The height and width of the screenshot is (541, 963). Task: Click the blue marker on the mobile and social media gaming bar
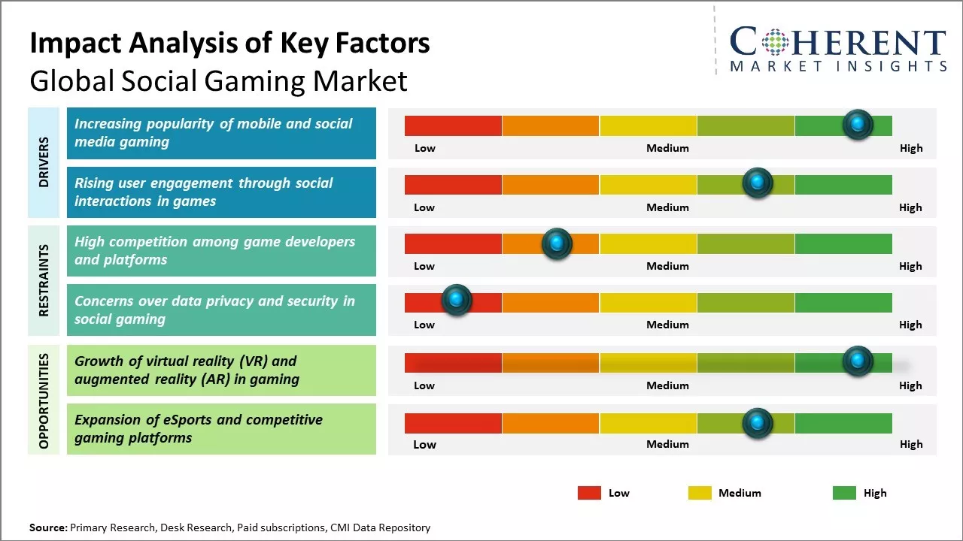pos(858,125)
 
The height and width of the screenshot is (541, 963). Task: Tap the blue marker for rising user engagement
pos(758,183)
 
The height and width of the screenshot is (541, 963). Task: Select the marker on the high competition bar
pos(557,243)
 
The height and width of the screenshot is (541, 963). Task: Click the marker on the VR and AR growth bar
pos(858,361)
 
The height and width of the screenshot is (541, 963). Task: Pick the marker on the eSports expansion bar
pos(758,423)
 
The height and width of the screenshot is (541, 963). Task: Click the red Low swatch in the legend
pos(589,493)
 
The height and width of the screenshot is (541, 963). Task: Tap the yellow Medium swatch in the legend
pos(700,493)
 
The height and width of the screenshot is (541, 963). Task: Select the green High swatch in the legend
pos(844,493)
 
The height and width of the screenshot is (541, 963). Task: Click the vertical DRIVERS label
pos(44,162)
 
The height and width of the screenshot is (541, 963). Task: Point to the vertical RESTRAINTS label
pos(44,280)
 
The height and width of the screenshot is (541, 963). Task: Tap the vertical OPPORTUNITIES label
pos(44,400)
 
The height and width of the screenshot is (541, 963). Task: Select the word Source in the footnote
pos(48,527)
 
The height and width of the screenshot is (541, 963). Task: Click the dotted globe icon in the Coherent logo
pos(774,42)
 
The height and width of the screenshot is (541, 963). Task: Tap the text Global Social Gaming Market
pos(218,81)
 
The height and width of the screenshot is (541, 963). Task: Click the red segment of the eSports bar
pos(453,423)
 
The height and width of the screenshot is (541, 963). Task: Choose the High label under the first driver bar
pos(911,148)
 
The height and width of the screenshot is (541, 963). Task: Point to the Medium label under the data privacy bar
pos(667,325)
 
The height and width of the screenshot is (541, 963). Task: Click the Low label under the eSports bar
pos(424,444)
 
